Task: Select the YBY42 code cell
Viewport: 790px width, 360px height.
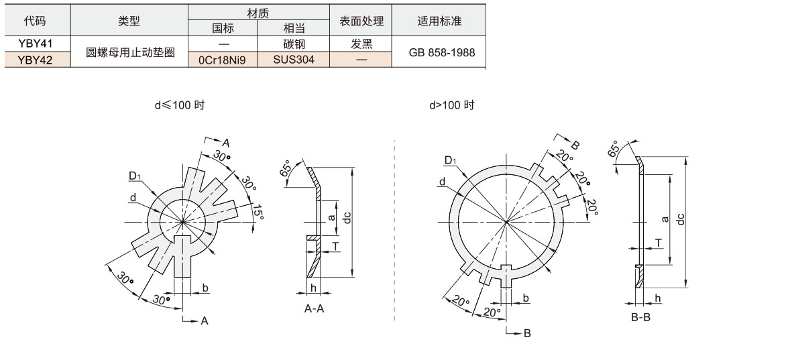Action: (35, 60)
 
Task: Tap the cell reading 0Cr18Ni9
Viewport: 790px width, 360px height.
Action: (223, 60)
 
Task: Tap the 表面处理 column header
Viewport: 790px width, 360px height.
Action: (361, 21)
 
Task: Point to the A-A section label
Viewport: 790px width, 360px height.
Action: (315, 309)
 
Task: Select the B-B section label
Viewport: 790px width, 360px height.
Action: (640, 316)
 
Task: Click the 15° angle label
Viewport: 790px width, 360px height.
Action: (258, 215)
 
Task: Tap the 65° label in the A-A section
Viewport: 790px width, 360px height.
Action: (286, 168)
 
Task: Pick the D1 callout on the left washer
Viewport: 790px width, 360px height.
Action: (135, 176)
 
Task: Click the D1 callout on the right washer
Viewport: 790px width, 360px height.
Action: (449, 160)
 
